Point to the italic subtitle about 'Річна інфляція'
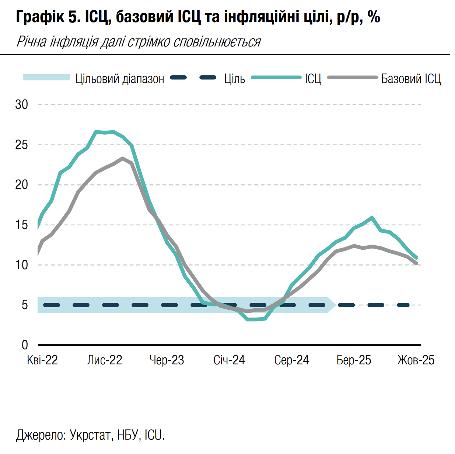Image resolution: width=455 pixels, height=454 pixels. click(139, 42)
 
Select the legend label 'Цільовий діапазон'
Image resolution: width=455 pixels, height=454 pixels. click(120, 79)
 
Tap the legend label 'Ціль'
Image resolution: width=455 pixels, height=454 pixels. click(235, 79)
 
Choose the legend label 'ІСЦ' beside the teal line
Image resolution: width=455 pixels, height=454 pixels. click(313, 79)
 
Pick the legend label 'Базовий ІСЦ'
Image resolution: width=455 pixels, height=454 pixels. click(411, 79)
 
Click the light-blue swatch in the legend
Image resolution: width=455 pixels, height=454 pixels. click(46, 77)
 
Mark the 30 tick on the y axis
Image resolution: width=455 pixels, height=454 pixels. click(21, 105)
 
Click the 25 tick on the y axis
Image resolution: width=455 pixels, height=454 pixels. click(21, 145)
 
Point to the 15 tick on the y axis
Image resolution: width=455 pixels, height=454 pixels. click(21, 225)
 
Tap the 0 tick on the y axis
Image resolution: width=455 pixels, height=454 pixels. click(25, 345)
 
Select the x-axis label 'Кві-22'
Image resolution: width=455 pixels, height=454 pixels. click(42, 360)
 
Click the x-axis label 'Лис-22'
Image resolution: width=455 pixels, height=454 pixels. click(104, 360)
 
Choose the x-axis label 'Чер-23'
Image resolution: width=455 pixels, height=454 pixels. click(167, 360)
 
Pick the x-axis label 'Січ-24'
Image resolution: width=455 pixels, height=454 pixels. click(229, 360)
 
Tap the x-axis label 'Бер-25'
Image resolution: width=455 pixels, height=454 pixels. click(354, 360)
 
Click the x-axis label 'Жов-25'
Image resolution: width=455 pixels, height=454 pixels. click(416, 360)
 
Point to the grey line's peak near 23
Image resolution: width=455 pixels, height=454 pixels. click(123, 158)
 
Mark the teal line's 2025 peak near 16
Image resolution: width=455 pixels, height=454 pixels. click(372, 218)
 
